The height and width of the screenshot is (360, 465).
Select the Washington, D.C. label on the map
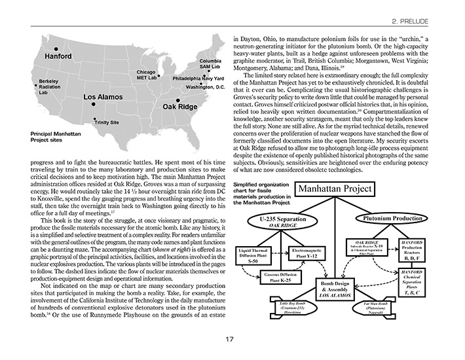tap(206, 87)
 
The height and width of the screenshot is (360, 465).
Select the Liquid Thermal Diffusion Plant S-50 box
tap(261, 253)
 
